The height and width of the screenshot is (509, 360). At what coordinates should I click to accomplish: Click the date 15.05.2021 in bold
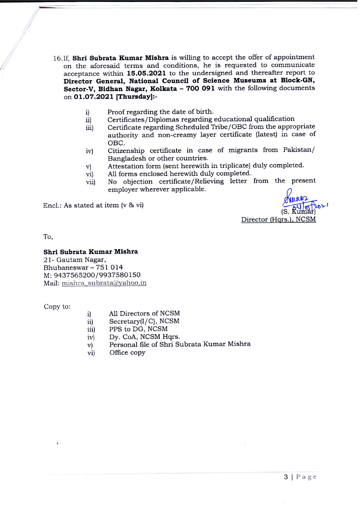point(146,73)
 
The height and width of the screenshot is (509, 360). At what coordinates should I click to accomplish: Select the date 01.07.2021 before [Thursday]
point(94,97)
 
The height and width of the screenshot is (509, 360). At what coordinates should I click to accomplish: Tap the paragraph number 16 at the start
point(57,58)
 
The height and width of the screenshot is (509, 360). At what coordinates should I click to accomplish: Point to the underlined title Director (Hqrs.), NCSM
point(278,219)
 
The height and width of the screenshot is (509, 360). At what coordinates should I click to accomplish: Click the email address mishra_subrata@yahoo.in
point(104,283)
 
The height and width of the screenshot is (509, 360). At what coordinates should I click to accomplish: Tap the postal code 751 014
point(109,267)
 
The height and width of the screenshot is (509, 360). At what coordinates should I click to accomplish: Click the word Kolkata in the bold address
point(164,89)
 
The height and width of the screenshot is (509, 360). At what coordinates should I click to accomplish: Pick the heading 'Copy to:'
point(57,307)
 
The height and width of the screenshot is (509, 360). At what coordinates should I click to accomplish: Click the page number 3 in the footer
point(286,477)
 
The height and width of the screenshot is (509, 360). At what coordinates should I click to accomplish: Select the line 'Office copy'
point(127,353)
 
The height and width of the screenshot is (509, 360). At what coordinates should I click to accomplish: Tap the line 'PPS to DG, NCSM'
point(138,329)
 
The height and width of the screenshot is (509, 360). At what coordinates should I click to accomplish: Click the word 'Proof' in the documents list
point(116,112)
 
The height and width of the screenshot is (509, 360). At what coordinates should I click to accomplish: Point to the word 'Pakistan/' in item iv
point(299,150)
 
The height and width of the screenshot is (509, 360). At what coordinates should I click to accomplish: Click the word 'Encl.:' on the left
point(52,206)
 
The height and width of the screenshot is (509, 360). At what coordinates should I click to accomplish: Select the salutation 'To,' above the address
point(48,237)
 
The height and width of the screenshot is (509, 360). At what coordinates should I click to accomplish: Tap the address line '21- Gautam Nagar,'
point(75,260)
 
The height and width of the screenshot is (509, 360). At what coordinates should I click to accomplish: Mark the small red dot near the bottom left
point(58,443)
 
